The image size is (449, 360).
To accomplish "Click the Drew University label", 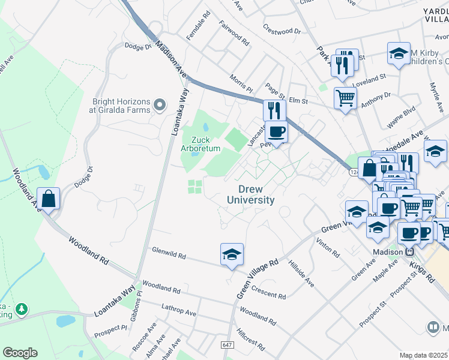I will pos(251,194).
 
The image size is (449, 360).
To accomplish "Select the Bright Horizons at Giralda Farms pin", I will pos(159,106).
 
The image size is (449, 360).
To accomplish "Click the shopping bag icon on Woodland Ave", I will pos(48,197).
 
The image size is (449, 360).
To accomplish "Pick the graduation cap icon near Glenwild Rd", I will pos(232,254).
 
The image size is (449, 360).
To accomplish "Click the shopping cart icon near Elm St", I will pos(345,97).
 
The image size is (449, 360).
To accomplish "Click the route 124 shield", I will pos(353,172).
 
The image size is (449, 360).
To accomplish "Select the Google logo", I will pos(20,353).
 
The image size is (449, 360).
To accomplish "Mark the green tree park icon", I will pos(22,308).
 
